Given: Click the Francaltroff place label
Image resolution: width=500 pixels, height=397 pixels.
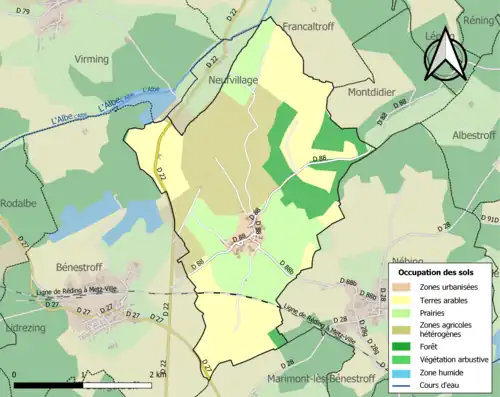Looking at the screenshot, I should point(313,26).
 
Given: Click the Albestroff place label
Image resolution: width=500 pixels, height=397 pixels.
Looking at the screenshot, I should point(473,135).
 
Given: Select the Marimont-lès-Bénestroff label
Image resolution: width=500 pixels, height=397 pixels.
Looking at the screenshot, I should point(320,379).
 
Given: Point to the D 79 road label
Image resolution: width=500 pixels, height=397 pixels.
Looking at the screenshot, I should point(23,11).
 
